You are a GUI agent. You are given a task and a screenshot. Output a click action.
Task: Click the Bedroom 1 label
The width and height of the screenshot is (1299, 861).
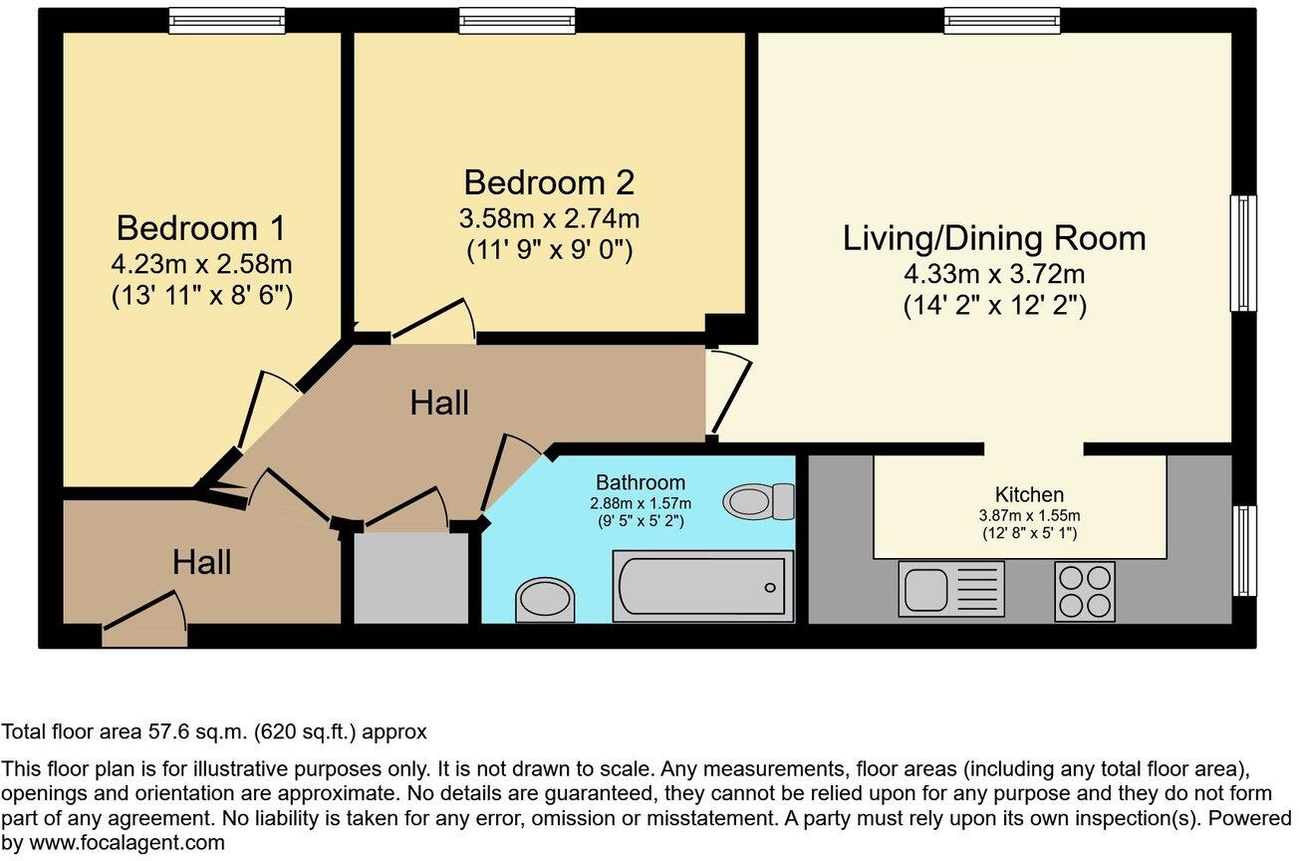click(x=200, y=228)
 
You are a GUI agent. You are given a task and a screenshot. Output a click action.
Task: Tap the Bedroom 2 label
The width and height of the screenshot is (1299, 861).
click(x=549, y=182)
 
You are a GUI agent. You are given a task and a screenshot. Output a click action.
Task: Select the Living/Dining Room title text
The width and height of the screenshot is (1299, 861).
click(x=993, y=238)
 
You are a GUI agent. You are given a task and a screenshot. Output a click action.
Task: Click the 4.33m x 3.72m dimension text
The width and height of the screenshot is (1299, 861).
click(x=993, y=273)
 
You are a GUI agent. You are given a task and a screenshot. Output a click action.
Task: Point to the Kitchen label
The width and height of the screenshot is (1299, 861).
click(x=1029, y=494)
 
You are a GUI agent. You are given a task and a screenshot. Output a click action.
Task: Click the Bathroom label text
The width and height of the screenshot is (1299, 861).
click(x=640, y=483)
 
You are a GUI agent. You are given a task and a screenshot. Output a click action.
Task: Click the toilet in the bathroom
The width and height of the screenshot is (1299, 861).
click(x=759, y=500)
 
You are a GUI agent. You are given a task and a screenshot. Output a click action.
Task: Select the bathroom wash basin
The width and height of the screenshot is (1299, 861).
click(x=546, y=601)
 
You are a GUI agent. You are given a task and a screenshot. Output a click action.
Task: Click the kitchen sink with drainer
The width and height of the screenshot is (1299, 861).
click(x=951, y=588)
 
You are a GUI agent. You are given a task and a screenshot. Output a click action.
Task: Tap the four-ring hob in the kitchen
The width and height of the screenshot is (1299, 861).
click(x=1084, y=590)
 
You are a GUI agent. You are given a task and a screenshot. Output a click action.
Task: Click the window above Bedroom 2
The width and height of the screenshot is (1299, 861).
click(x=516, y=20)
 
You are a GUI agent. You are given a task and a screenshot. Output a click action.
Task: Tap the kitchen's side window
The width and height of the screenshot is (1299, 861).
click(x=1243, y=550)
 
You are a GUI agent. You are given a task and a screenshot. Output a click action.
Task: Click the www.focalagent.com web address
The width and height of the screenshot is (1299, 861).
click(x=113, y=842)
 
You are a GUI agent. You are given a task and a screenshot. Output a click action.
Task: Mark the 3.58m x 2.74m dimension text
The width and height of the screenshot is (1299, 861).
click(x=549, y=218)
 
